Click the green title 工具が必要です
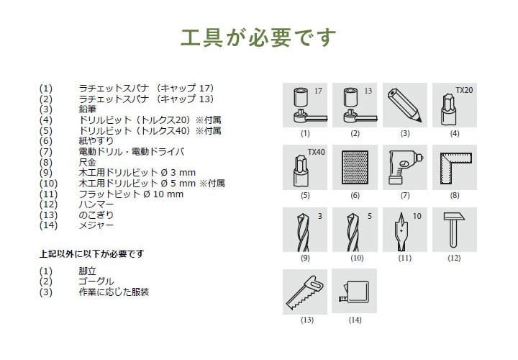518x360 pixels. (258, 37)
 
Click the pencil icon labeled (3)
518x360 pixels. (404, 106)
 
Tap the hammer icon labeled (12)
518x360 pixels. (453, 229)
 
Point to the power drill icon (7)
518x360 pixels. (404, 168)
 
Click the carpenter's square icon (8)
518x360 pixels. (454, 167)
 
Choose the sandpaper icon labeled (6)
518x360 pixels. (355, 168)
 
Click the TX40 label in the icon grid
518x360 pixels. (316, 152)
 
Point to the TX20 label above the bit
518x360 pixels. (465, 91)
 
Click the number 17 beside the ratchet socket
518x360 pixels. (318, 91)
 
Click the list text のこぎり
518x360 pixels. (96, 215)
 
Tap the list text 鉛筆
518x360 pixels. (86, 109)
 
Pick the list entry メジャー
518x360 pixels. (96, 225)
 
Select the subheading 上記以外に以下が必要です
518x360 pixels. (91, 253)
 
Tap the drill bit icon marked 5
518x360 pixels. (355, 230)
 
